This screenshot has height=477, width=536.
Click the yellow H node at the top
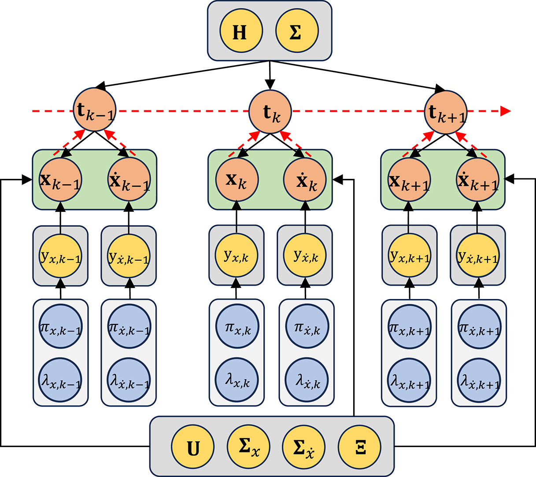click(x=241, y=32)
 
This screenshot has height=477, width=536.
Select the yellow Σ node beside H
click(x=296, y=32)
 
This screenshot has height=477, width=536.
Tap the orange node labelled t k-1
click(x=95, y=110)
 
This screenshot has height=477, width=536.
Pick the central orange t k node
click(x=270, y=111)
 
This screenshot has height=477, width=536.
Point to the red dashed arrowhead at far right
click(x=506, y=111)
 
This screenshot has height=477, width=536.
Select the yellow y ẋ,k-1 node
click(x=129, y=256)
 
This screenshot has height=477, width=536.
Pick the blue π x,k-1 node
click(x=60, y=328)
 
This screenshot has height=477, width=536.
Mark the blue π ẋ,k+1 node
click(x=478, y=328)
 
